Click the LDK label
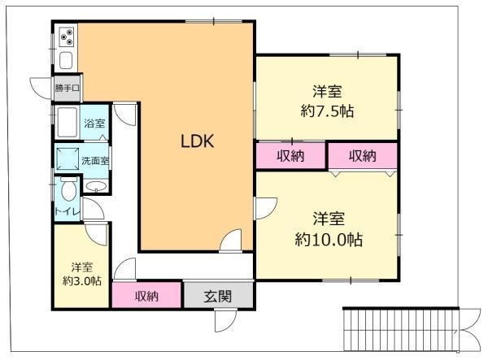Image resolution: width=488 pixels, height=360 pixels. tap(198, 141)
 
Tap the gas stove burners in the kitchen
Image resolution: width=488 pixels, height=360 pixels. tap(67, 37)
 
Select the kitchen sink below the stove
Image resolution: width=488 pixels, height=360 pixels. tap(66, 61)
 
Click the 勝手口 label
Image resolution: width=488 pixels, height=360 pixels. tap(68, 89)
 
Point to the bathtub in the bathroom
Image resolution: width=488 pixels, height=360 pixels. tap(67, 122)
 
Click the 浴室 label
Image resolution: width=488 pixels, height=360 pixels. tap(94, 124)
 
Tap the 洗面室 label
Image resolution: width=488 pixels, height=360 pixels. tap(95, 161)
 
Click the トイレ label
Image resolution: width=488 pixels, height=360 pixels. tap(68, 211)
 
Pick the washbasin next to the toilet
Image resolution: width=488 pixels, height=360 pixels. tap(96, 186)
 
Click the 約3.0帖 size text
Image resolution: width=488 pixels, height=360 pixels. tap(82, 281)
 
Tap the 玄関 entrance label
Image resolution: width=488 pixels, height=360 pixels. tap(218, 297)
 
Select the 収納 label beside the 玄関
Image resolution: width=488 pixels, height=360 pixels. tap(146, 297)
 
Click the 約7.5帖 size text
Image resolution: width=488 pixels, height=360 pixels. tap(327, 111)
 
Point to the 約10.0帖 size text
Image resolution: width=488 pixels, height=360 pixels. tap(329, 240)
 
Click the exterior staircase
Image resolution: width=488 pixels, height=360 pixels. tap(400, 329)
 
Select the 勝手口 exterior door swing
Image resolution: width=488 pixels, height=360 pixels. tap(40, 89)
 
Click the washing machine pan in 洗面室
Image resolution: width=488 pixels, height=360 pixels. tap(68, 158)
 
